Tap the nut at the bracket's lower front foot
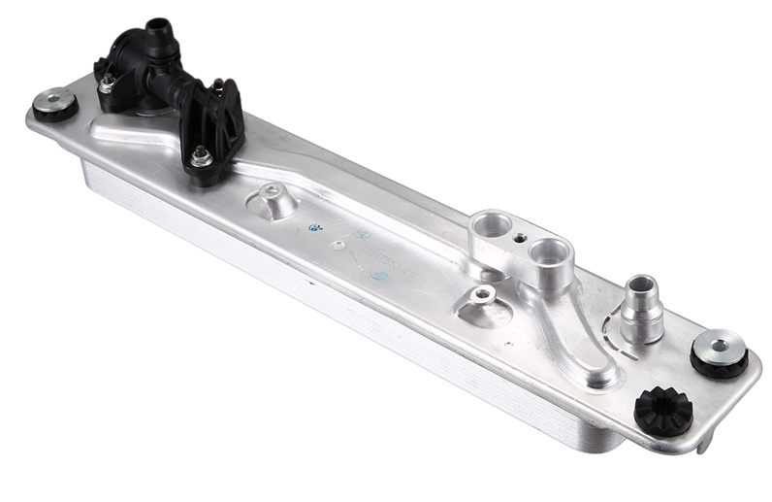201,154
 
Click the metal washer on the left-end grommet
56,99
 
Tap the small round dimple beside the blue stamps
338,245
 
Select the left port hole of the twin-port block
490,226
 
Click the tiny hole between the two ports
522,236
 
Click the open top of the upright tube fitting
639,284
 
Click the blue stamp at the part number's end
380,276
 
